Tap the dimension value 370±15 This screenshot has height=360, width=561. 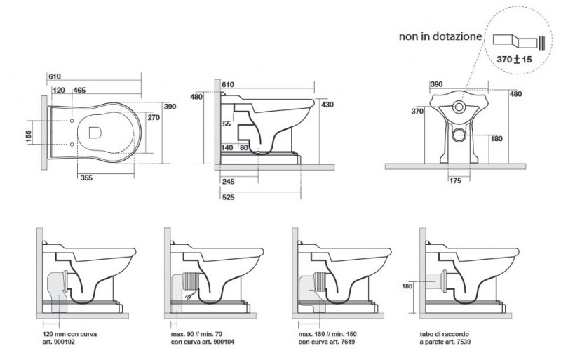(x=514, y=60)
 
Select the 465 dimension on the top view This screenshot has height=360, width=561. (x=79, y=91)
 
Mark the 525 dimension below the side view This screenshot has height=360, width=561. (x=227, y=198)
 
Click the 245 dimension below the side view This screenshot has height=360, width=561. (x=227, y=181)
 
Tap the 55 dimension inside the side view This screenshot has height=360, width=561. (x=227, y=124)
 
